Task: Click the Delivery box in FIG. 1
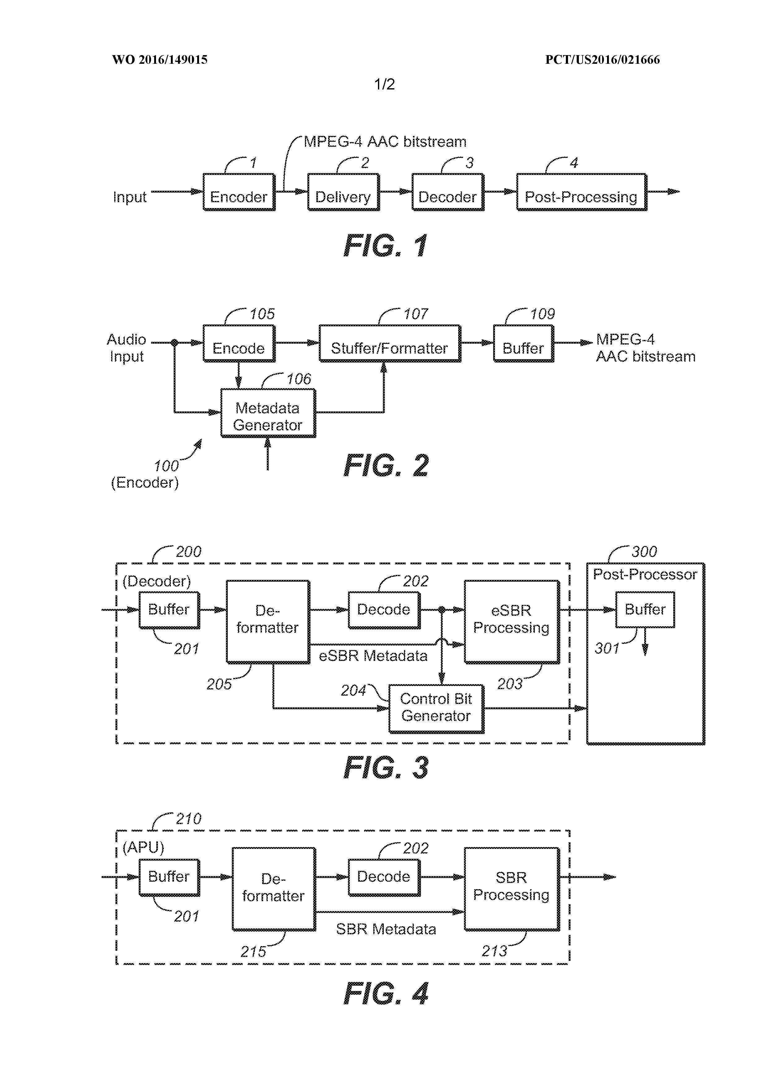(343, 192)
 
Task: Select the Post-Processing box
(581, 192)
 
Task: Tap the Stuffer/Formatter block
(390, 343)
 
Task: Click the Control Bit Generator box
(436, 708)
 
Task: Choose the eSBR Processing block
(512, 621)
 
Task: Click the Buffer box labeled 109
(523, 343)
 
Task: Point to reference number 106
(298, 379)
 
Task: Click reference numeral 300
(644, 552)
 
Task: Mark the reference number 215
(253, 951)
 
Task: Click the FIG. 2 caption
(386, 466)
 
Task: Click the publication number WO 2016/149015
(160, 60)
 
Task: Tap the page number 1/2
(384, 84)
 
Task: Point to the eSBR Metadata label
(373, 656)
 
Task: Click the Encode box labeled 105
(239, 343)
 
